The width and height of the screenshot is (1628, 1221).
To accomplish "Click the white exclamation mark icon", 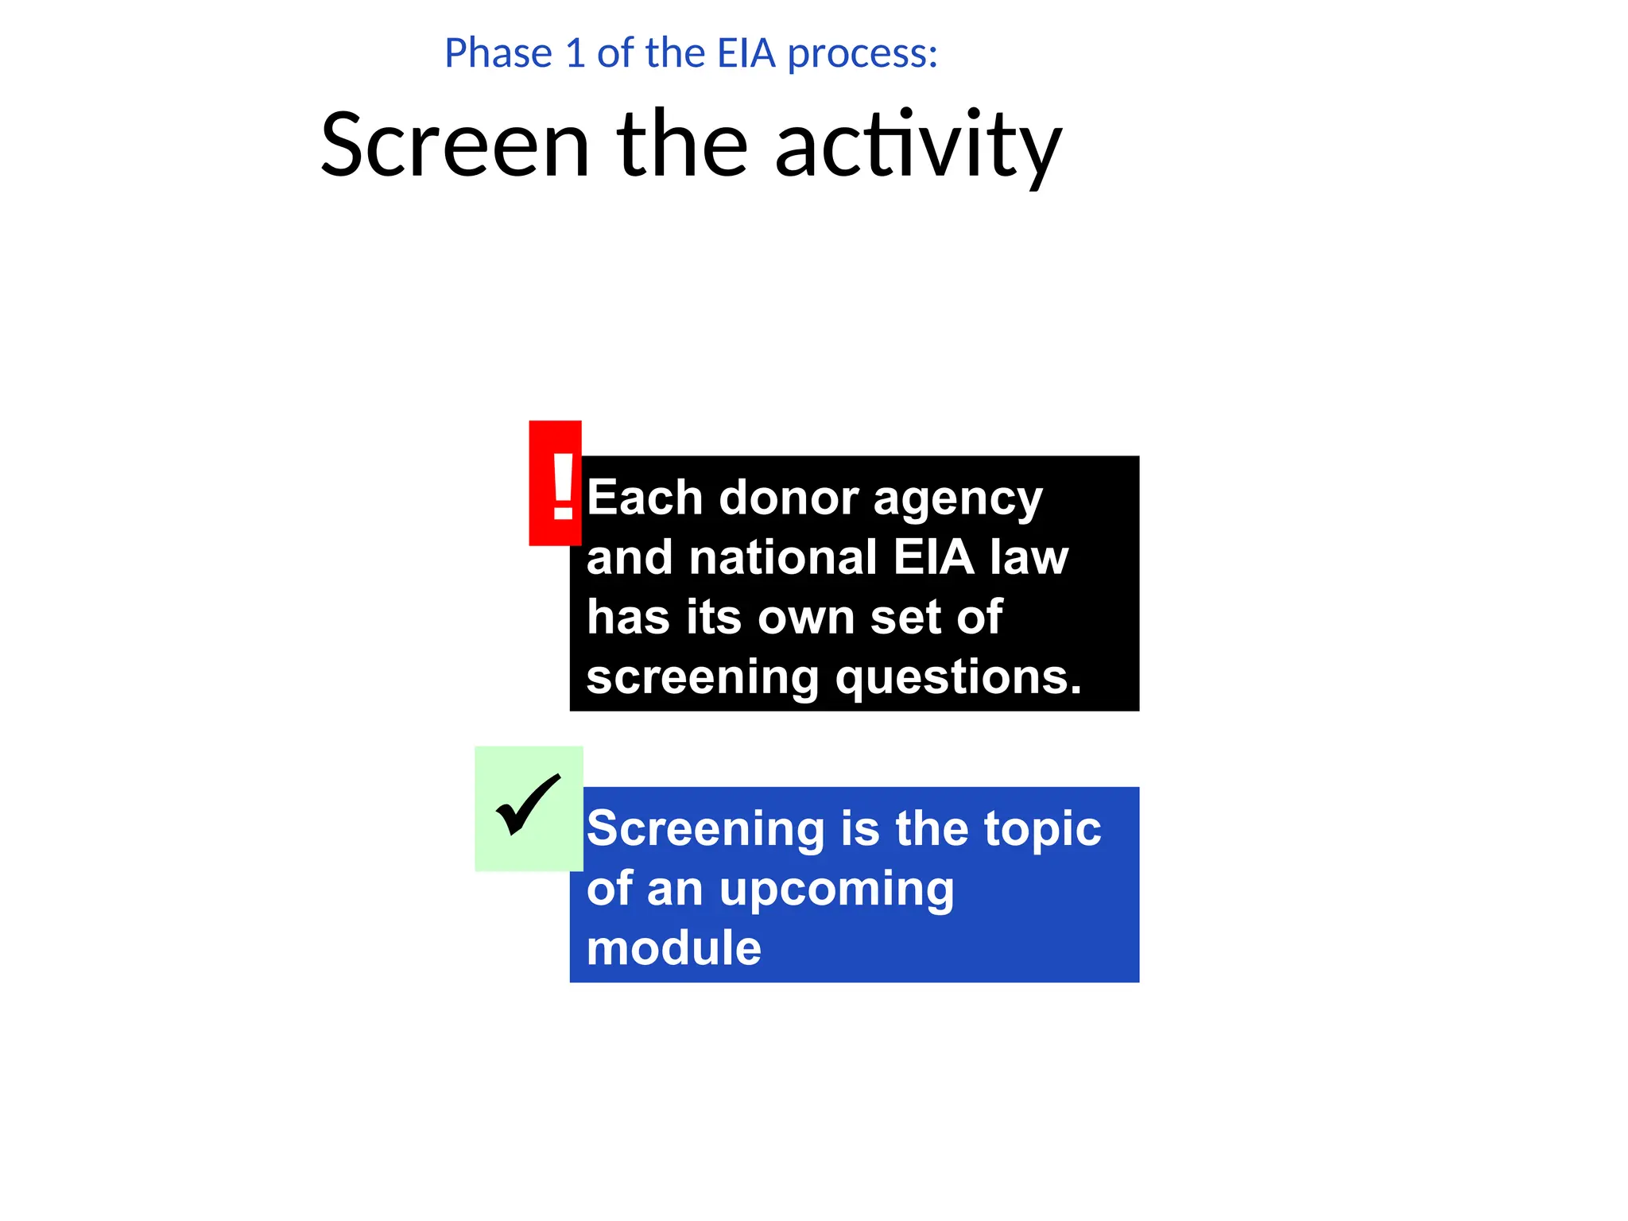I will (x=563, y=486).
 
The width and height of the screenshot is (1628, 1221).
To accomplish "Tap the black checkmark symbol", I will (x=528, y=804).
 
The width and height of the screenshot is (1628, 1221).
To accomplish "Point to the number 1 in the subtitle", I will (x=575, y=54).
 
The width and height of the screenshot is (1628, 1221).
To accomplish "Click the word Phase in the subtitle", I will (x=498, y=54).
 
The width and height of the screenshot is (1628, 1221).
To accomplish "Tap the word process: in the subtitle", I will (x=862, y=54).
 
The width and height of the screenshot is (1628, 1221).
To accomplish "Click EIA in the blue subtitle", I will (x=746, y=54).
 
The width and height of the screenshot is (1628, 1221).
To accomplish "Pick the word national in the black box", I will (x=783, y=557).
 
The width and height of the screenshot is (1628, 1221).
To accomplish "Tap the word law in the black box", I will (x=1029, y=557).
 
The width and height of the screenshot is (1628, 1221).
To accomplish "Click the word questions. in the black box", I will (x=958, y=678).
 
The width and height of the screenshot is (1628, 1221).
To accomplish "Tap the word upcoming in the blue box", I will (x=836, y=890).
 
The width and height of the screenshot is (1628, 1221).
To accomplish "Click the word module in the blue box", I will (x=673, y=948).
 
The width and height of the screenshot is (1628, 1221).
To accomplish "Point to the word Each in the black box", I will (x=645, y=498).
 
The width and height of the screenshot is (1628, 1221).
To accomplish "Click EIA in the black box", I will (x=933, y=557).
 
